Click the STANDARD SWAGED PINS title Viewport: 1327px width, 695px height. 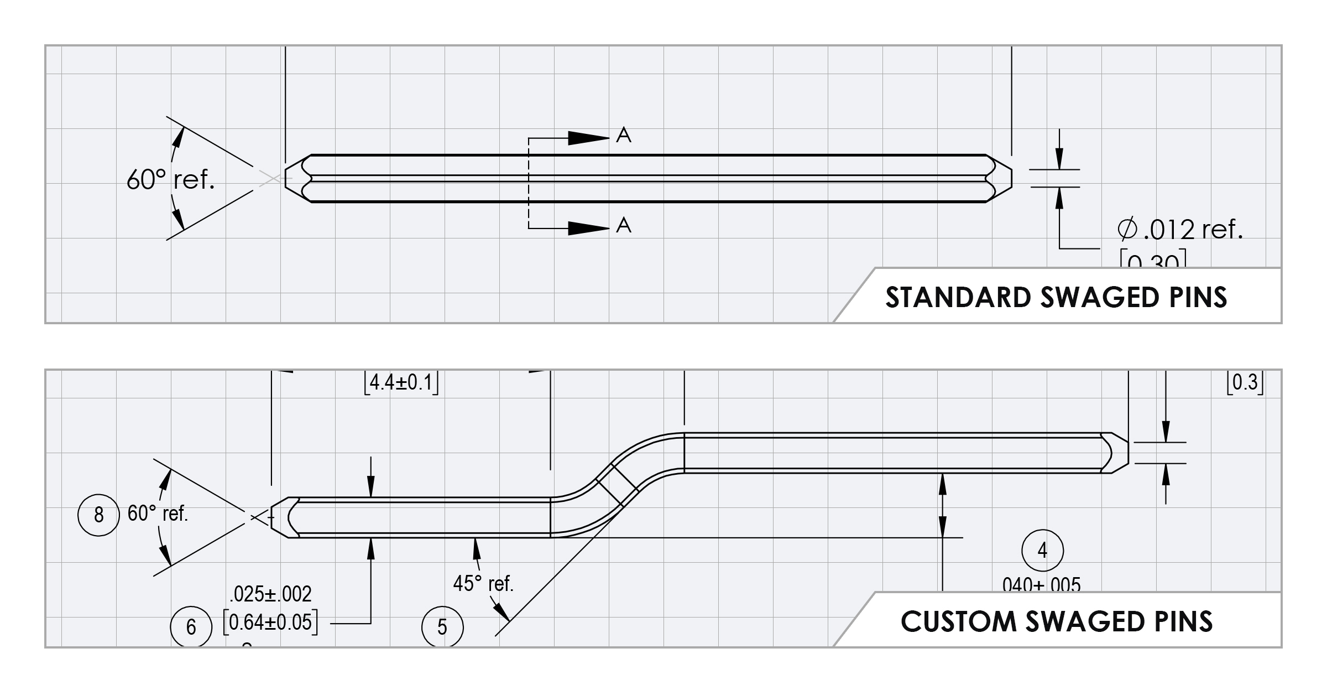1056,297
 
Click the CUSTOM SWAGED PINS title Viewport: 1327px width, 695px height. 1057,621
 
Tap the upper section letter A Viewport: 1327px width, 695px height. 624,135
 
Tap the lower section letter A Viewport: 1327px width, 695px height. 624,225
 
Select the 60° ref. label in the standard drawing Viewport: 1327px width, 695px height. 170,179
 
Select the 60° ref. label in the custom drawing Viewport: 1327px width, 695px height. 158,514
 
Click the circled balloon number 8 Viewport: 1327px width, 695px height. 98,515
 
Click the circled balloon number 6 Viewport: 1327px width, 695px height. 191,626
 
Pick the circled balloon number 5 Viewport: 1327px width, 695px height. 442,627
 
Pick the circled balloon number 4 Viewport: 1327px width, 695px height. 1042,550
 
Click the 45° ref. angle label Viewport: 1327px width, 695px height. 483,583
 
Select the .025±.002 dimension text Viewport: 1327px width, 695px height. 270,594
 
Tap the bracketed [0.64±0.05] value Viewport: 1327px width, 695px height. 270,623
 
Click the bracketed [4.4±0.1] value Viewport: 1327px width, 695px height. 401,382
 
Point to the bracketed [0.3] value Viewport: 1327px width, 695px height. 1245,382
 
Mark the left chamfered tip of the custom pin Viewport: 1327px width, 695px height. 282,517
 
